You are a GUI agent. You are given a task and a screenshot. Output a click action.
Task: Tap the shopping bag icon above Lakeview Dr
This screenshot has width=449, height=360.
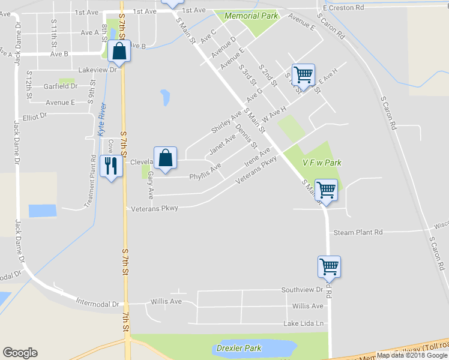[x=119, y=52]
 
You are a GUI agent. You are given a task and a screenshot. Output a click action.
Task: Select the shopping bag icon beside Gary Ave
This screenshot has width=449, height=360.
[x=165, y=158]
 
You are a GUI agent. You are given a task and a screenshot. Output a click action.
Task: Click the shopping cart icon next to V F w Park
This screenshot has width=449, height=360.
[x=326, y=190]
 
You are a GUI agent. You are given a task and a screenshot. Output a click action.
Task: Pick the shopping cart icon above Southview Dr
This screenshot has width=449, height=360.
[x=329, y=266]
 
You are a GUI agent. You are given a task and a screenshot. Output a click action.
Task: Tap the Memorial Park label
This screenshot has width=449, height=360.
[x=252, y=16]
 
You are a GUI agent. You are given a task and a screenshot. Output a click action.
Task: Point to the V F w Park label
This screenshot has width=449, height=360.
[x=322, y=163]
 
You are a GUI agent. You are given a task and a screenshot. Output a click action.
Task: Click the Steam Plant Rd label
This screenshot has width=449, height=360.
[x=358, y=232]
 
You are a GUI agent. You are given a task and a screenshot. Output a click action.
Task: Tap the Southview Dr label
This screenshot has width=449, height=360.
[x=302, y=290]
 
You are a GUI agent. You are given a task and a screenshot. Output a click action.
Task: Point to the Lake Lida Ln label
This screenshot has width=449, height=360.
[x=304, y=324]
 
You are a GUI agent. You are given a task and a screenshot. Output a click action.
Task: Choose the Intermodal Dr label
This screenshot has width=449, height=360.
[x=98, y=304]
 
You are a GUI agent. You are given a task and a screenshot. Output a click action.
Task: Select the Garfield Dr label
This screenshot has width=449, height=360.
[x=61, y=86]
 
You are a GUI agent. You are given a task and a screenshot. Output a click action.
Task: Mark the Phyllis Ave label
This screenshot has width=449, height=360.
[x=205, y=170]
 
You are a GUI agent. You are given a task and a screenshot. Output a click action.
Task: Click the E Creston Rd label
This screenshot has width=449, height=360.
[x=343, y=8]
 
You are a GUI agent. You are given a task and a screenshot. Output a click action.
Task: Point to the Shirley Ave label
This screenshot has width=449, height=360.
[x=226, y=122]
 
